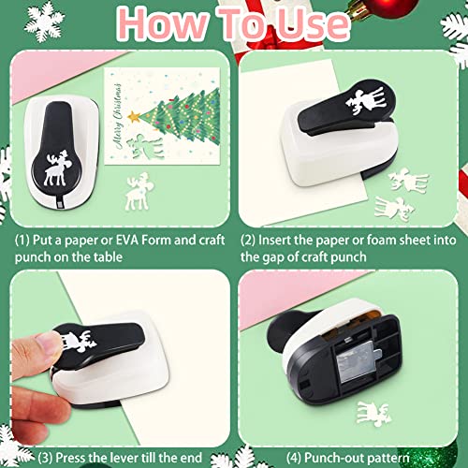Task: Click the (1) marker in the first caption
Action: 25,240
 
